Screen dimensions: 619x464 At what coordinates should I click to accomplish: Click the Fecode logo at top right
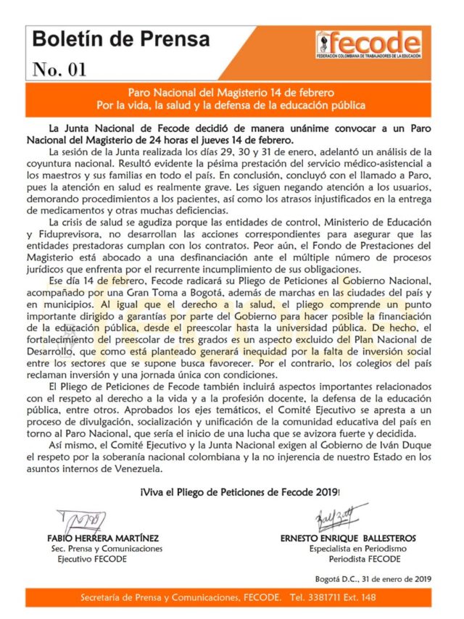[368, 45]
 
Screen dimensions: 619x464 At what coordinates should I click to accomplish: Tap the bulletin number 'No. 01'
[59, 70]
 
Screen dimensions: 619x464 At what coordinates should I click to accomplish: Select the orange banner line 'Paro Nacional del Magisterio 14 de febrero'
[231, 94]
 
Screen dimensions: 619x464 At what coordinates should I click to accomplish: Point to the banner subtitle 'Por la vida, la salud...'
[231, 106]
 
